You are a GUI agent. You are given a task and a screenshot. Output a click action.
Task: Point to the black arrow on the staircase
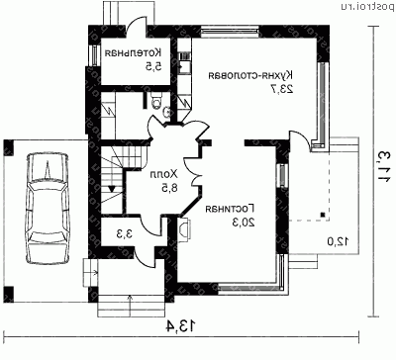[115, 185]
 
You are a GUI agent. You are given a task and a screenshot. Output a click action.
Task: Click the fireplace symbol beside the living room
[184, 228]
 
